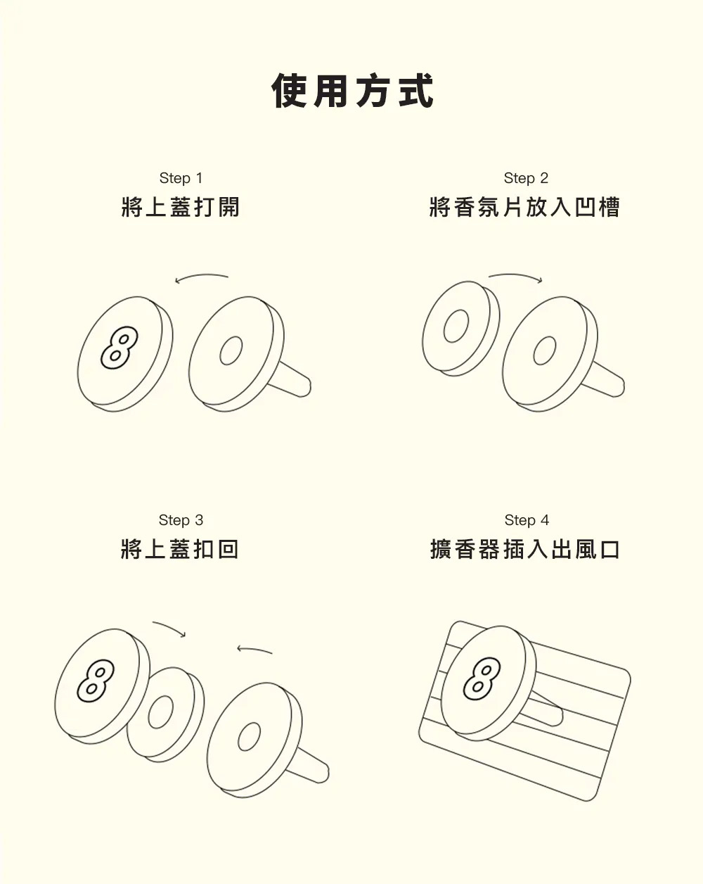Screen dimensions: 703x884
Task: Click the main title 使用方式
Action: click(x=352, y=91)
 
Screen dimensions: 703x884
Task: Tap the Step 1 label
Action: click(x=181, y=178)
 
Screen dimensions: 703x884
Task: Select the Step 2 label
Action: click(x=525, y=178)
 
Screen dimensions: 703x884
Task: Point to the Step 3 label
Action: click(x=181, y=520)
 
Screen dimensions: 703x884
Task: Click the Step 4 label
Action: click(x=527, y=520)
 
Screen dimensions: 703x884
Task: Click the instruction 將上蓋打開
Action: click(x=181, y=208)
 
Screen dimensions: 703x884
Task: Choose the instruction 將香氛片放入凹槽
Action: click(x=524, y=208)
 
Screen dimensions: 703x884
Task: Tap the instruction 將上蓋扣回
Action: click(x=180, y=550)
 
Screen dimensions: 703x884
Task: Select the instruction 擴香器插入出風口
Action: click(x=524, y=550)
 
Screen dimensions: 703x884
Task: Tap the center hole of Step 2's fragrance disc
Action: click(x=456, y=326)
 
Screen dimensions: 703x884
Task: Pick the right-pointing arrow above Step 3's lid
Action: click(x=169, y=629)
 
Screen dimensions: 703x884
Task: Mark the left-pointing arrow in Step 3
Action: click(x=254, y=650)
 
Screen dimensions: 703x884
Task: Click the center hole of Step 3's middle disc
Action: click(x=160, y=712)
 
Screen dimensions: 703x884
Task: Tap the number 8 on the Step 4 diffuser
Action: click(x=482, y=678)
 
